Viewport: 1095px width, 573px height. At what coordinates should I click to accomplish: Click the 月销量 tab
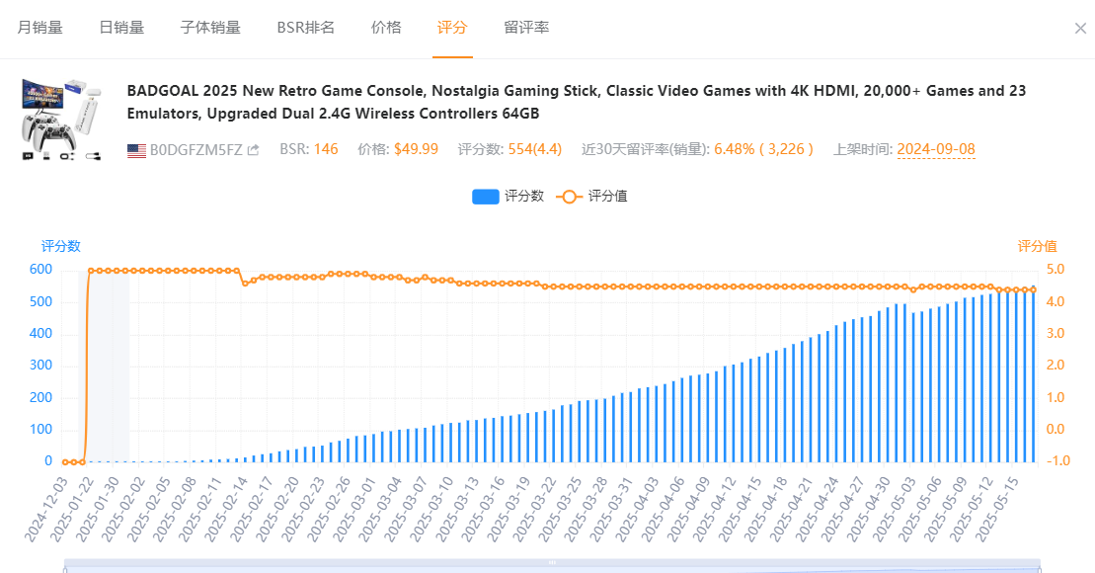[39, 28]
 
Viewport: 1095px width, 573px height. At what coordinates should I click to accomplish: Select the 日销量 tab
[121, 28]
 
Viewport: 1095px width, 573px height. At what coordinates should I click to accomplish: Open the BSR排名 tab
[305, 28]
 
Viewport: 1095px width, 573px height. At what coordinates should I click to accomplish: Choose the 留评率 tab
[526, 28]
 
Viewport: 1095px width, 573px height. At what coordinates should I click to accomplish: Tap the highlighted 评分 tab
[452, 28]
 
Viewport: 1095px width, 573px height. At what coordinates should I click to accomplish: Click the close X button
[1080, 29]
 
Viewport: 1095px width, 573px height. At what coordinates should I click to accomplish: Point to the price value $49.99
[416, 150]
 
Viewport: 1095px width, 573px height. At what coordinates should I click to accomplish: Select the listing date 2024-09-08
[936, 150]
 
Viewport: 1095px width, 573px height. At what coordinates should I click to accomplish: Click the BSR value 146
[326, 150]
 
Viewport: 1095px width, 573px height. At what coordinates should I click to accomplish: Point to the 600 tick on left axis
[40, 270]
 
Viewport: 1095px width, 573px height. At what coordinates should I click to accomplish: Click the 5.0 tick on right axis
[1055, 270]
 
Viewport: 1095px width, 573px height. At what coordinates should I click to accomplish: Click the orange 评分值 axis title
[1037, 246]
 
